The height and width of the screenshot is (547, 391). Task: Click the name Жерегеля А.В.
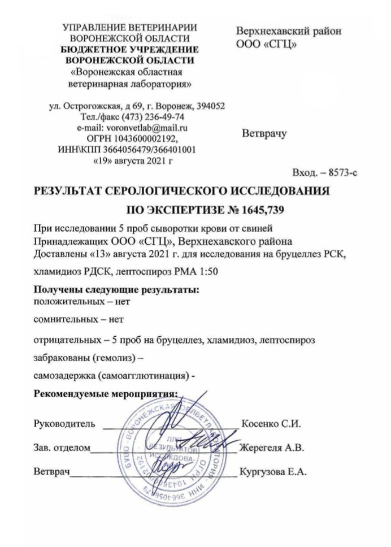pyautogui.click(x=272, y=448)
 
